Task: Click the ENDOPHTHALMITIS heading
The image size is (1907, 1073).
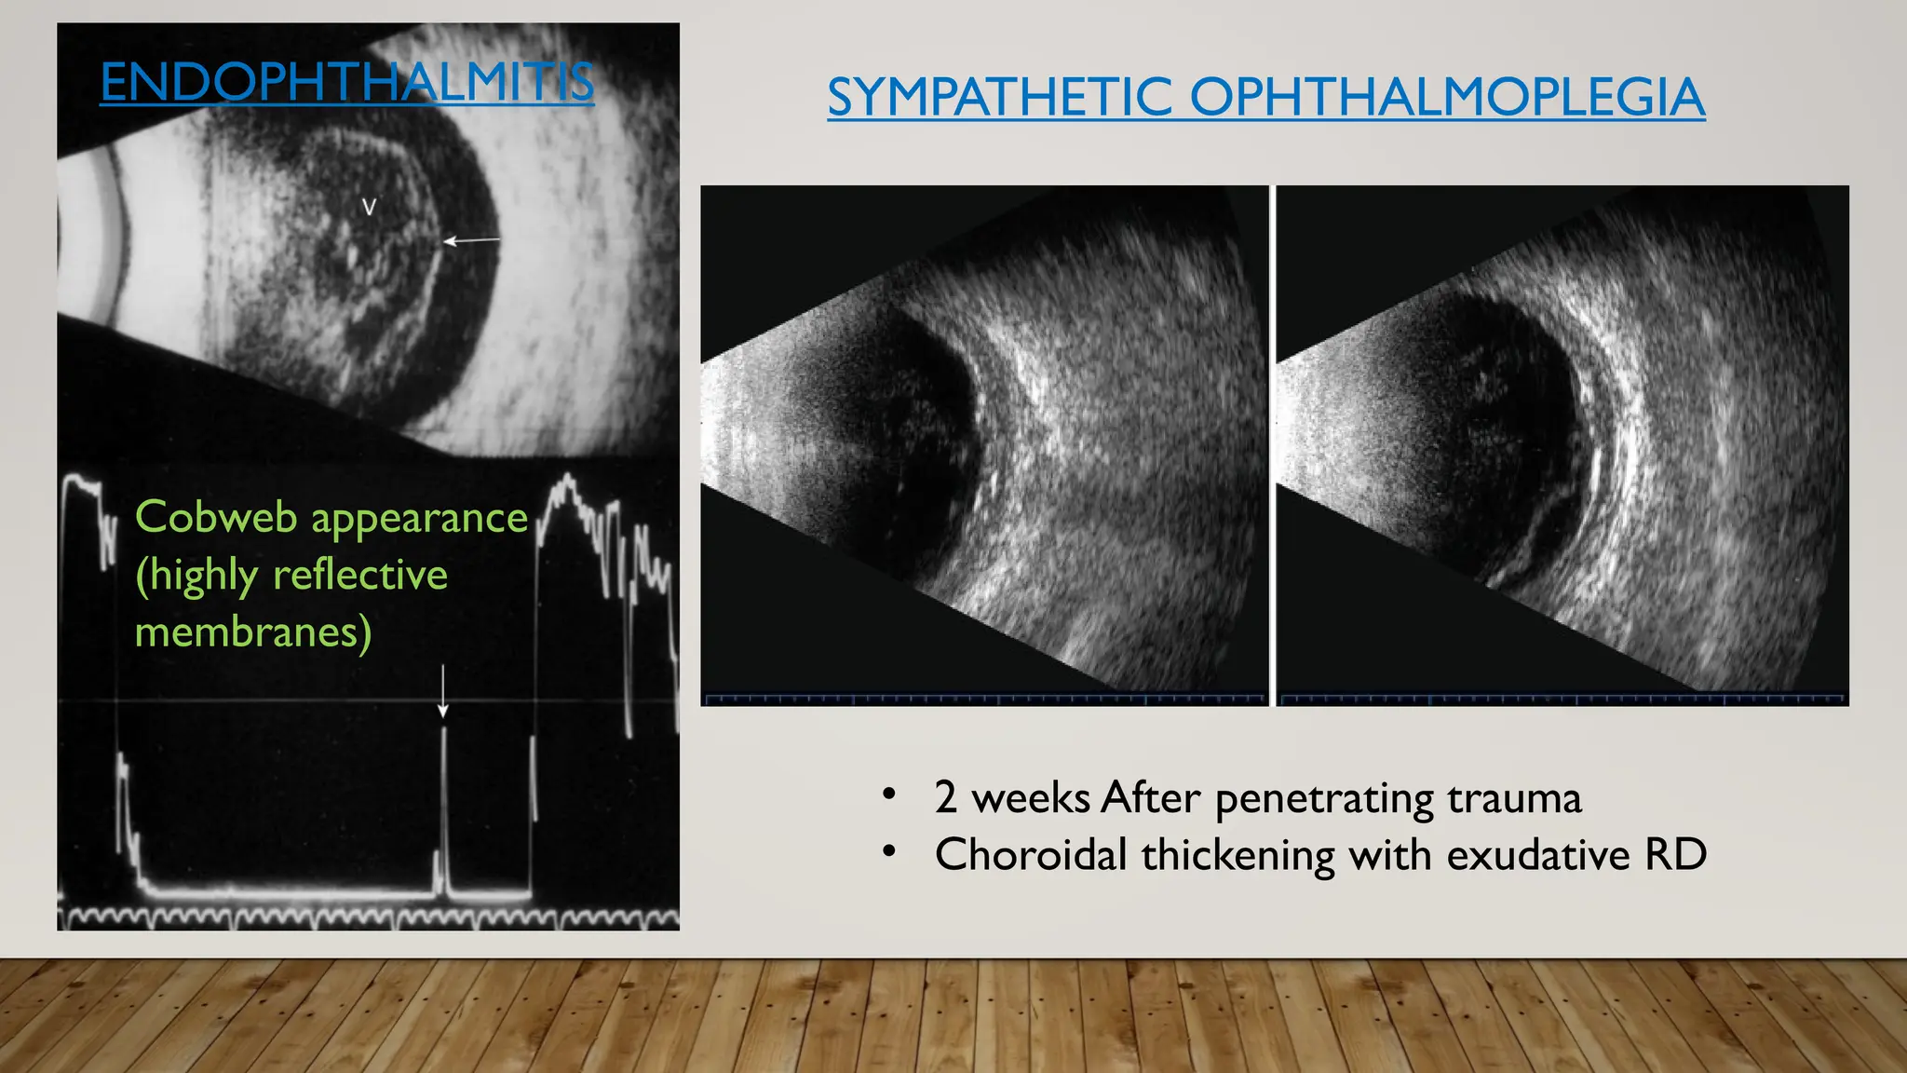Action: coord(346,82)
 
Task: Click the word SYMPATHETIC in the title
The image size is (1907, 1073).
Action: coord(999,97)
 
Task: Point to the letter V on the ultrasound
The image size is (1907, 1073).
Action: coord(369,208)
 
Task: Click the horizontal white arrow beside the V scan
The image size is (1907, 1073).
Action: coord(470,241)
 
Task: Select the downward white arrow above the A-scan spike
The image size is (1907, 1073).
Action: coord(443,691)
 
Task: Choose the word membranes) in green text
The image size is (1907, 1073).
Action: coord(253,632)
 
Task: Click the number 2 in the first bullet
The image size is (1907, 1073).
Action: coord(945,798)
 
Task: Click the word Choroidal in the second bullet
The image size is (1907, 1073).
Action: coord(1031,855)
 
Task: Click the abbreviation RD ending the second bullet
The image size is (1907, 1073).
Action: coord(1675,855)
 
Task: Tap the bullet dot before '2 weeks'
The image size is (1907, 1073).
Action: coord(889,795)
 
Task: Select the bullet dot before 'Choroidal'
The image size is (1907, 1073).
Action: coord(889,851)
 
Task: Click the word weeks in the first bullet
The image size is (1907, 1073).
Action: coord(1031,798)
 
